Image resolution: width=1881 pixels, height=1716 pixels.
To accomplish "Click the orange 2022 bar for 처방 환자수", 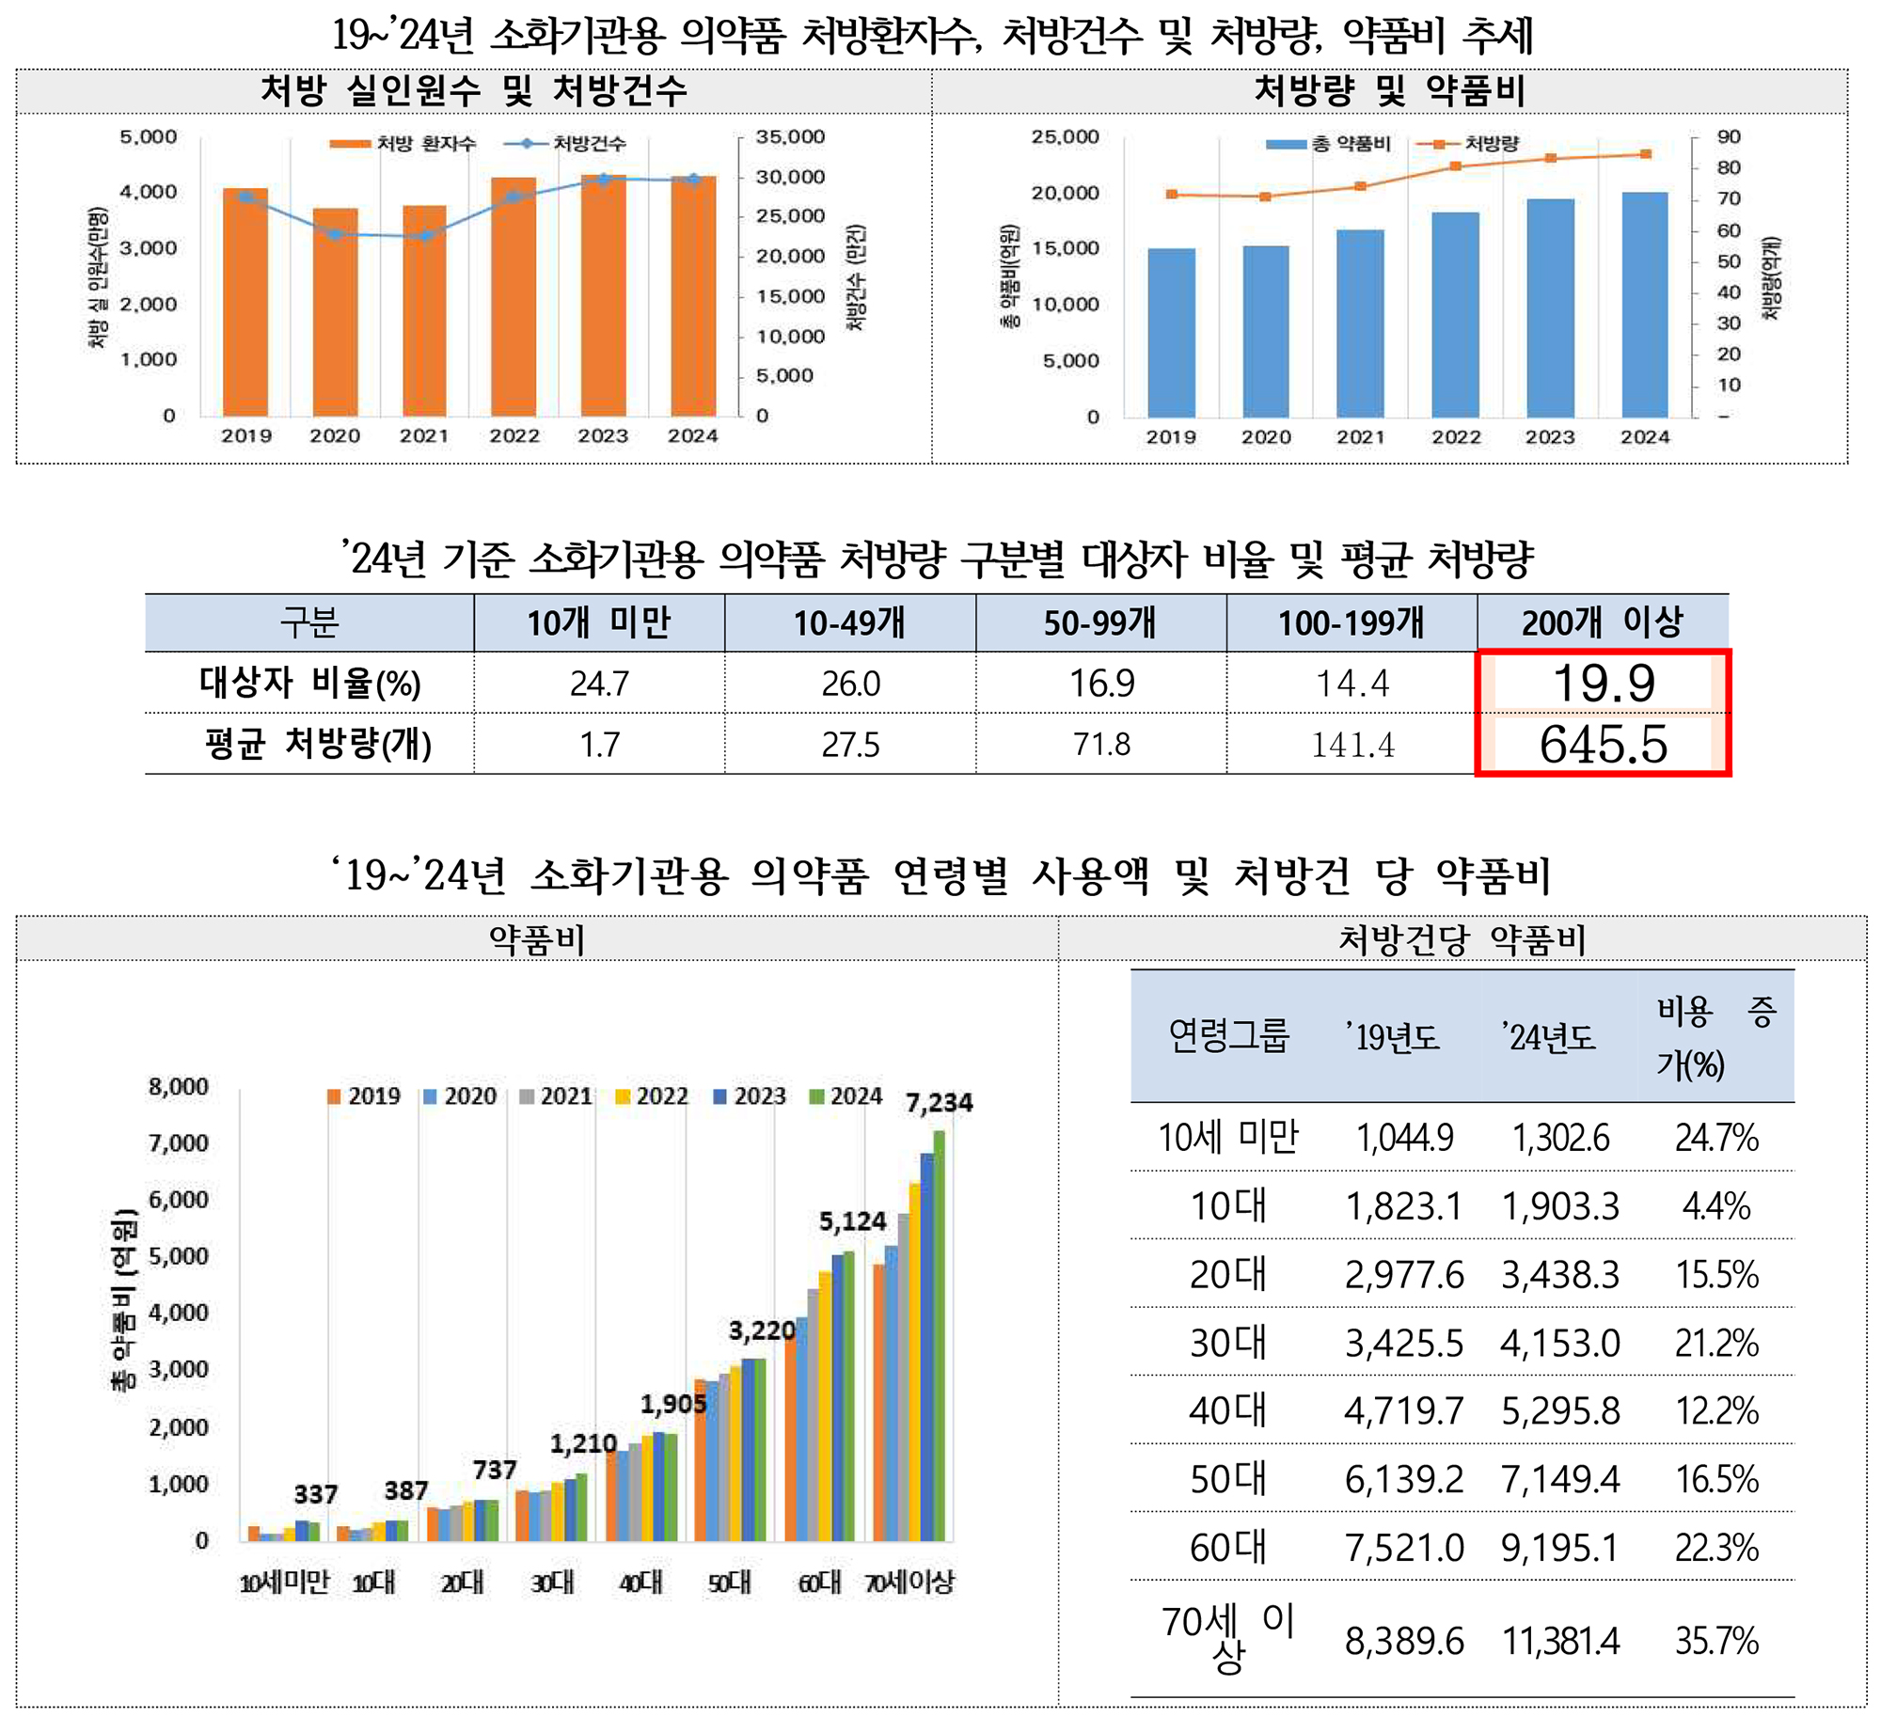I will click(x=514, y=296).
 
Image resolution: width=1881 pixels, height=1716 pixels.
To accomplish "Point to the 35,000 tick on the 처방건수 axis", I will click(x=790, y=137).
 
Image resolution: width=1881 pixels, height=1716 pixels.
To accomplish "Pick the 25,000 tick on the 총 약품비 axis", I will click(x=1065, y=137).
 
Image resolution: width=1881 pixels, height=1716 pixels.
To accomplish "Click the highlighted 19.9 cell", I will click(x=1603, y=683).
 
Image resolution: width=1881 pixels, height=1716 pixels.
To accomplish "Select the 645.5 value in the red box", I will click(x=1603, y=745).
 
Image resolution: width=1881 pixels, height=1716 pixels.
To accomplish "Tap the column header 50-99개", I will click(x=1100, y=622).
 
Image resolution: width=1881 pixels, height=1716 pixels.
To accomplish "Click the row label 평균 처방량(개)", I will click(x=318, y=745).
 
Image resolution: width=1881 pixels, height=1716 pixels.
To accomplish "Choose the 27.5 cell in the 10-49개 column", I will click(x=850, y=745).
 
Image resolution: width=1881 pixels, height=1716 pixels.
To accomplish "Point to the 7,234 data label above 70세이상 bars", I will click(x=939, y=1103).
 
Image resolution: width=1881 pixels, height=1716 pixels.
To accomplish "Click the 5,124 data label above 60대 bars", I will click(x=852, y=1221).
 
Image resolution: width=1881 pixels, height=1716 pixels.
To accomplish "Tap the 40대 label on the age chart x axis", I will click(x=640, y=1582).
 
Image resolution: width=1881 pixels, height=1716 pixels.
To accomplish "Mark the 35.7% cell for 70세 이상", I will click(x=1716, y=1641).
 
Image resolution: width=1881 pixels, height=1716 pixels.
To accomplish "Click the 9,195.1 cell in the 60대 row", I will click(x=1560, y=1548).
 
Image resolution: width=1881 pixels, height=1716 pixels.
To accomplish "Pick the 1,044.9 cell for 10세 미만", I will click(x=1404, y=1139).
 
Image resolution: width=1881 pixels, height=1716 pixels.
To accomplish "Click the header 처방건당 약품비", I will click(x=1462, y=939).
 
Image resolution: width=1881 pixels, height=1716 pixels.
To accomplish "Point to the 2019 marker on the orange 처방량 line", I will click(x=1171, y=195).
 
